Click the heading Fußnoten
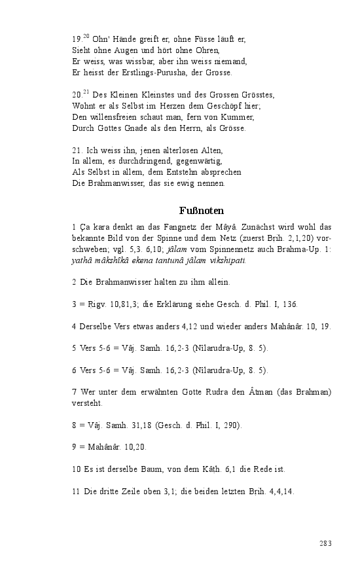tap(202, 211)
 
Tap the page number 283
tap(326, 543)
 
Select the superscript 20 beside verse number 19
tap(86, 36)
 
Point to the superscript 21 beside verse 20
tap(86, 92)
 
